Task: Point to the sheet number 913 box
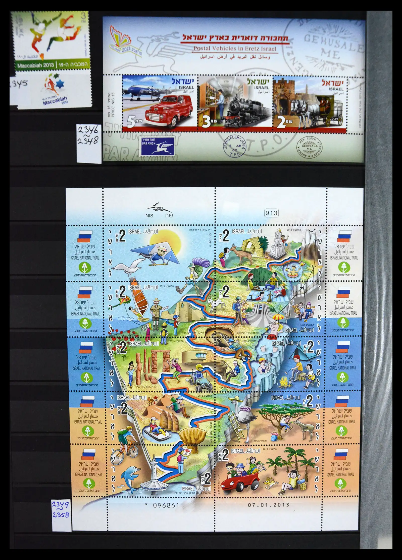click(x=271, y=213)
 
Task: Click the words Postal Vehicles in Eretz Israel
click(x=235, y=49)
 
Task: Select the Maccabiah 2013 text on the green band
click(x=35, y=65)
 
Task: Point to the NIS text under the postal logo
click(x=149, y=216)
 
